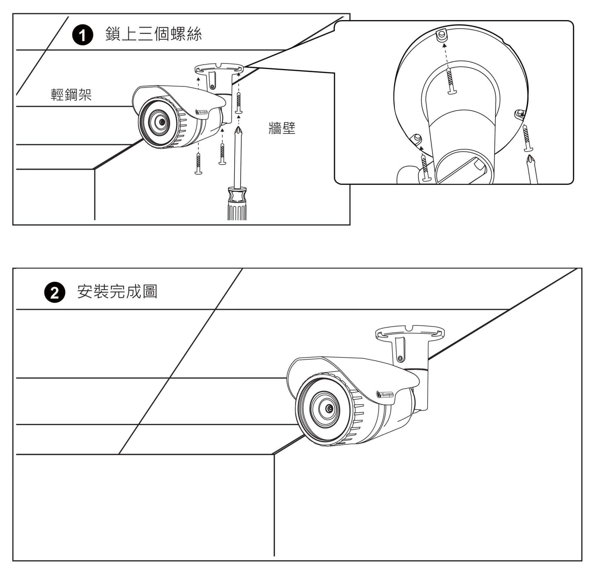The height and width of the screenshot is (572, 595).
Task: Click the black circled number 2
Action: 55,292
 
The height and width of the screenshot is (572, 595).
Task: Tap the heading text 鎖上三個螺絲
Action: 153,34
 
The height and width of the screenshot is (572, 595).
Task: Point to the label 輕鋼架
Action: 71,95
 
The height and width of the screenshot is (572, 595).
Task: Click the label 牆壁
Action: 282,128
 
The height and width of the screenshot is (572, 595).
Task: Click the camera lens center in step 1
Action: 162,122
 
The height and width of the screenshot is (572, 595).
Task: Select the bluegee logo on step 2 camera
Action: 385,394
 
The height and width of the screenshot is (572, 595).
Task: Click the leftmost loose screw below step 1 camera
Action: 198,163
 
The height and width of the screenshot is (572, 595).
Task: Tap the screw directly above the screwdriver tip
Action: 239,102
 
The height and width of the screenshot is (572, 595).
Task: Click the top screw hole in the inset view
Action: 442,35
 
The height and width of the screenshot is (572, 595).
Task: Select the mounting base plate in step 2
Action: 409,333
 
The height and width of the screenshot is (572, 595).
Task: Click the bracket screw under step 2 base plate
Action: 400,358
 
